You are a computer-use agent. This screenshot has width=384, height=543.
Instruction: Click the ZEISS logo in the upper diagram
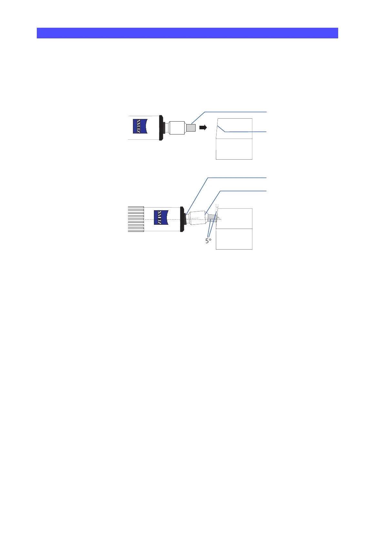click(x=140, y=126)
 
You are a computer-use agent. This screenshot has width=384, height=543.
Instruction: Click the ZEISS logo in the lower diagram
click(x=161, y=217)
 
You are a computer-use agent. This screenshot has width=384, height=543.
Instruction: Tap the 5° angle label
click(x=208, y=241)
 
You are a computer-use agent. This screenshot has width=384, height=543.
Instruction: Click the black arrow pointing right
click(x=203, y=127)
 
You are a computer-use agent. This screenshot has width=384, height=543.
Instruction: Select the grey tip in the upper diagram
click(x=191, y=128)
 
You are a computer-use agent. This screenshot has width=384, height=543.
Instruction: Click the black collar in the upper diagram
click(x=161, y=128)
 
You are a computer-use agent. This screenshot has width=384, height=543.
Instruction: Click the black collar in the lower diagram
click(x=182, y=219)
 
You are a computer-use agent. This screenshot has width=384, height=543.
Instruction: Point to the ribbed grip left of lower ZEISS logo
click(x=136, y=219)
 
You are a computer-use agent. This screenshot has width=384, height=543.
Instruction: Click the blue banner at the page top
click(x=187, y=33)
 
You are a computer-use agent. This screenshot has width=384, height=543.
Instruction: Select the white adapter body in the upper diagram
click(x=177, y=128)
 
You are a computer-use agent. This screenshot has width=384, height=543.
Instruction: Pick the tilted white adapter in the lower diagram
click(x=197, y=218)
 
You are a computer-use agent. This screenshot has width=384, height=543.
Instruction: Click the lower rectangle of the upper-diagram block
click(x=234, y=149)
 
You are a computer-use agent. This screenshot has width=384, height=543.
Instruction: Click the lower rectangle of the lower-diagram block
click(x=234, y=239)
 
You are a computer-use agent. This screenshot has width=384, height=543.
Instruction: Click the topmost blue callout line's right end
click(x=266, y=112)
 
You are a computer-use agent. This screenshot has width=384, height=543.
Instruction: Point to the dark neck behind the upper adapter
click(x=167, y=128)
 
